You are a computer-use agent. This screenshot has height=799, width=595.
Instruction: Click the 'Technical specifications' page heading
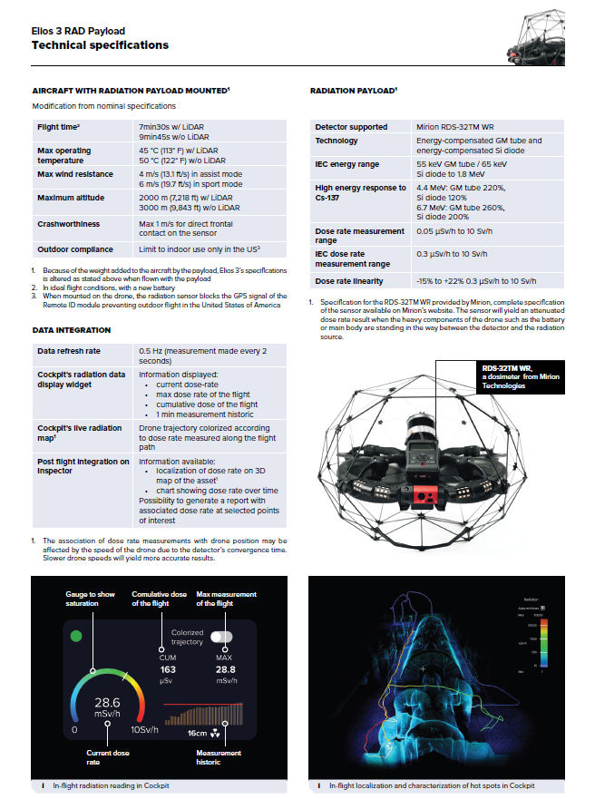click(x=100, y=45)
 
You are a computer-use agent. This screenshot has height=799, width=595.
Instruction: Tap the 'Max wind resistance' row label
click(x=75, y=173)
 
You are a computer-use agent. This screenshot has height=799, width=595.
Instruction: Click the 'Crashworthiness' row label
click(x=69, y=224)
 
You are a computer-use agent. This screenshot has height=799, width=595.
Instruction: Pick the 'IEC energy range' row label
click(x=347, y=164)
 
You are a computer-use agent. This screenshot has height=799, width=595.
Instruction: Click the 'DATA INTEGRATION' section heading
click(x=71, y=330)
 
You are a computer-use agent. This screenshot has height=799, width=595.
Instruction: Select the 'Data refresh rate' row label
click(x=70, y=350)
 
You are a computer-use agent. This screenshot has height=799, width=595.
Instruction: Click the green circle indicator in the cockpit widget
click(x=77, y=636)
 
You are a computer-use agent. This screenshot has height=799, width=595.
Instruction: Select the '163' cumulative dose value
click(x=167, y=669)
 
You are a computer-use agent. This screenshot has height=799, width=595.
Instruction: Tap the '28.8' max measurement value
click(x=226, y=669)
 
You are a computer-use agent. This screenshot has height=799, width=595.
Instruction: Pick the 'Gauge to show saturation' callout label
click(x=90, y=599)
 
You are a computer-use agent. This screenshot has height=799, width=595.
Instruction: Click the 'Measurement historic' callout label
click(x=219, y=756)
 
